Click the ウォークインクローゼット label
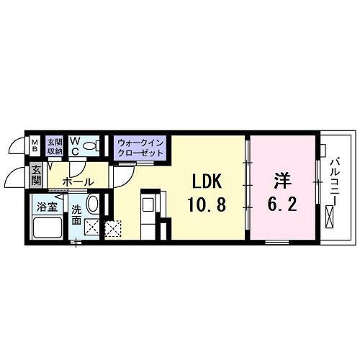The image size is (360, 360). (140, 149)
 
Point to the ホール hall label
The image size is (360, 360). (76, 182)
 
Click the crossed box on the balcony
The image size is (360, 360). (330, 215)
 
